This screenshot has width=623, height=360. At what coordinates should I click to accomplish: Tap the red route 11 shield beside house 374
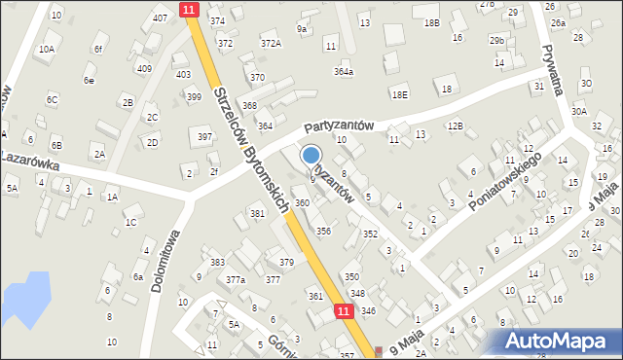(189, 9)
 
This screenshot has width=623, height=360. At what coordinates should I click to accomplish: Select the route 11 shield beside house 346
(344, 310)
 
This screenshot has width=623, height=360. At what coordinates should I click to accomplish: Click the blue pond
(24, 295)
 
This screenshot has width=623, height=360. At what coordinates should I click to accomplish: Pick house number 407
(160, 18)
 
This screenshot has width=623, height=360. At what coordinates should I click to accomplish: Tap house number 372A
(271, 43)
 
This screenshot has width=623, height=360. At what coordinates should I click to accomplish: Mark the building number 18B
(431, 21)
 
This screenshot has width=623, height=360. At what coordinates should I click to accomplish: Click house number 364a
(344, 71)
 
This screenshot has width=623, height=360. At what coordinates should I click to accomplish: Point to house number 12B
(455, 126)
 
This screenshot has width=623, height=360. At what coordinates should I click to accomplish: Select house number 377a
(237, 280)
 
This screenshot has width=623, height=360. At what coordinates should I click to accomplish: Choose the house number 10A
(47, 49)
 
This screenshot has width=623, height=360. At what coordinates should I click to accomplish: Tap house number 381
(257, 213)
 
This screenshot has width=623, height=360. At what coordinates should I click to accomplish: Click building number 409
(144, 68)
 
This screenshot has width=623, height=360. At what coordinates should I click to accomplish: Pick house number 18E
(399, 94)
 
